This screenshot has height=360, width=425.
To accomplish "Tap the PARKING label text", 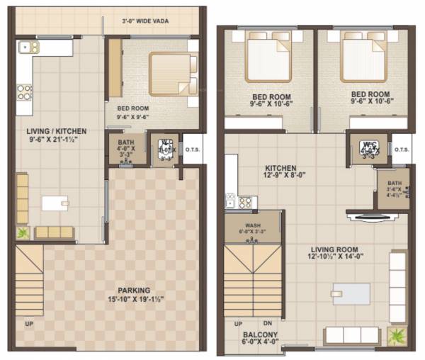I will click(x=134, y=291).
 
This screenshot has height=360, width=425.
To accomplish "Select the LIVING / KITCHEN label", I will click(x=57, y=131).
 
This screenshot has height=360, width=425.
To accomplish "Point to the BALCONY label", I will click(x=259, y=334).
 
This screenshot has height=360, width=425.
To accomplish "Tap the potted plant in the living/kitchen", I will click(x=23, y=232).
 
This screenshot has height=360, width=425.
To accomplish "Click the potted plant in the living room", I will click(x=396, y=336).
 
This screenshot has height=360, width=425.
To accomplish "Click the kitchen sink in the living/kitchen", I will click(x=30, y=47).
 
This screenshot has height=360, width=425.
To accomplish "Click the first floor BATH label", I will click(x=395, y=187).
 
